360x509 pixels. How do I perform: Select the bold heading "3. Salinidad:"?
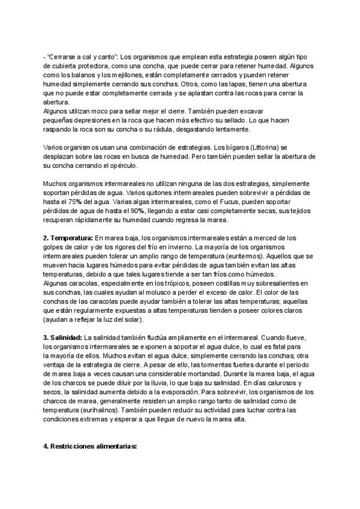(63, 337)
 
